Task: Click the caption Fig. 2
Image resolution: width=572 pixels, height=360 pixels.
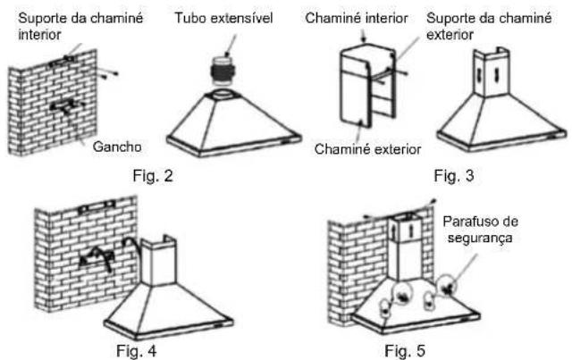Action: pyautogui.click(x=153, y=176)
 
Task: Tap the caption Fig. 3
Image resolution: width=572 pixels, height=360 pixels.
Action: pyautogui.click(x=454, y=176)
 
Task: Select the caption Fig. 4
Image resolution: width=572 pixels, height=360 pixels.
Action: pyautogui.click(x=137, y=351)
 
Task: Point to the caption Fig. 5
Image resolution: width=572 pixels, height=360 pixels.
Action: pyautogui.click(x=405, y=351)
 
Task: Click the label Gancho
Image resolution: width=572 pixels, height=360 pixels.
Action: pyautogui.click(x=117, y=147)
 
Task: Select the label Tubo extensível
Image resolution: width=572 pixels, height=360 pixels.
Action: pyautogui.click(x=223, y=18)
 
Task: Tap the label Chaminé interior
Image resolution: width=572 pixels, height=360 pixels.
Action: pyautogui.click(x=357, y=18)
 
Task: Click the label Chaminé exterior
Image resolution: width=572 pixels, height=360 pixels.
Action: pyautogui.click(x=367, y=149)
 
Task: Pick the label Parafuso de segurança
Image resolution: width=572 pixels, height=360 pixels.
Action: pyautogui.click(x=481, y=230)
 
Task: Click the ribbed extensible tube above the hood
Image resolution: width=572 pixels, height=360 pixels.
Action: pyautogui.click(x=223, y=71)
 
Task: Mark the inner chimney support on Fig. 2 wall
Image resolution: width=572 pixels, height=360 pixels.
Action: pyautogui.click(x=62, y=61)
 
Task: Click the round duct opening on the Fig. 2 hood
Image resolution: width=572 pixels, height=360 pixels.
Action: pyautogui.click(x=222, y=93)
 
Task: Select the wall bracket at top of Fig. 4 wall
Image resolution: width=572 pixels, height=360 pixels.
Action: pyautogui.click(x=97, y=206)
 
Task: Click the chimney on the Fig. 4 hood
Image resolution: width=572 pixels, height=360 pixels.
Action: pyautogui.click(x=158, y=261)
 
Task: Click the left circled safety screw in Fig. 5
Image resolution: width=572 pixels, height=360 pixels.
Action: pyautogui.click(x=401, y=295)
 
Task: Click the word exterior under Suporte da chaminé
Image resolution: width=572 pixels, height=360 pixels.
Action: pyautogui.click(x=450, y=35)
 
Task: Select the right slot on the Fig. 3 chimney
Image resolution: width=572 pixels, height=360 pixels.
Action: pyautogui.click(x=497, y=76)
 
